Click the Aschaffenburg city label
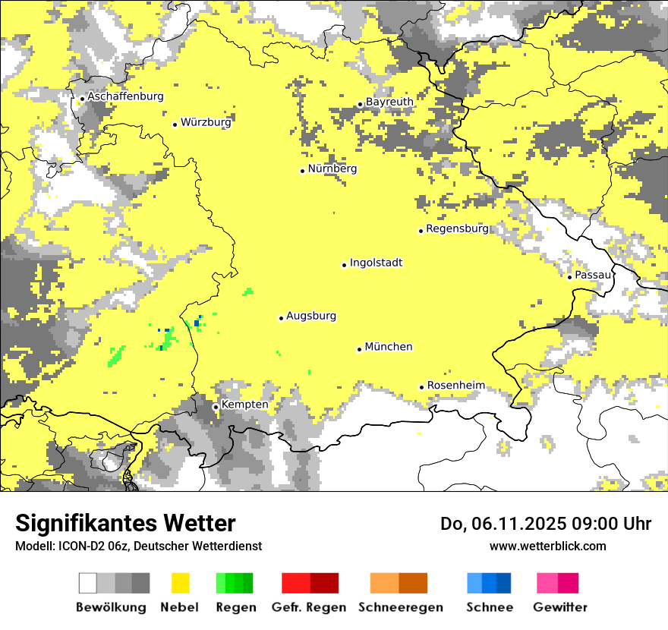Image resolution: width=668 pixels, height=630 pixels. click(x=125, y=96)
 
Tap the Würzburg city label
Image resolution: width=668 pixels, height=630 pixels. click(x=206, y=122)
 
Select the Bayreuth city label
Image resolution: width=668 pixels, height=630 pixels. click(x=389, y=102)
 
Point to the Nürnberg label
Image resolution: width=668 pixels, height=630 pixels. click(x=332, y=169)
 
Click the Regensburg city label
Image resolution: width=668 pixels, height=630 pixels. click(x=457, y=228)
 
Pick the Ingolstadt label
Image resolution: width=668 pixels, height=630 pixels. click(x=376, y=263)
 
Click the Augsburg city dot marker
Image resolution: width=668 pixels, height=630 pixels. click(x=281, y=318)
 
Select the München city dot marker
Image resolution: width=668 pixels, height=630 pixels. click(x=359, y=349)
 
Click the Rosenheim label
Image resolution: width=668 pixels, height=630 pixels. click(x=455, y=386)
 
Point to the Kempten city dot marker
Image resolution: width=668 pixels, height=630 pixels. click(x=216, y=407)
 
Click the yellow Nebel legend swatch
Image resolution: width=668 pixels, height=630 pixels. click(x=181, y=583)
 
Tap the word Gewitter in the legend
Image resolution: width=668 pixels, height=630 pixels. click(x=559, y=607)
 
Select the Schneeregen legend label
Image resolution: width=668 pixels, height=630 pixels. click(x=400, y=607)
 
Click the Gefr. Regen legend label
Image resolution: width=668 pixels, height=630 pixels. click(x=308, y=607)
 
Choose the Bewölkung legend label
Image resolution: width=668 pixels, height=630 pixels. click(x=111, y=607)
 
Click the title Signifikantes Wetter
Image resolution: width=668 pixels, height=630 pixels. click(x=125, y=523)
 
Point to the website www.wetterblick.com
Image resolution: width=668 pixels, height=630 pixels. click(x=547, y=546)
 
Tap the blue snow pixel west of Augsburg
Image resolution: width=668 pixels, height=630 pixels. click(x=197, y=323)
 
